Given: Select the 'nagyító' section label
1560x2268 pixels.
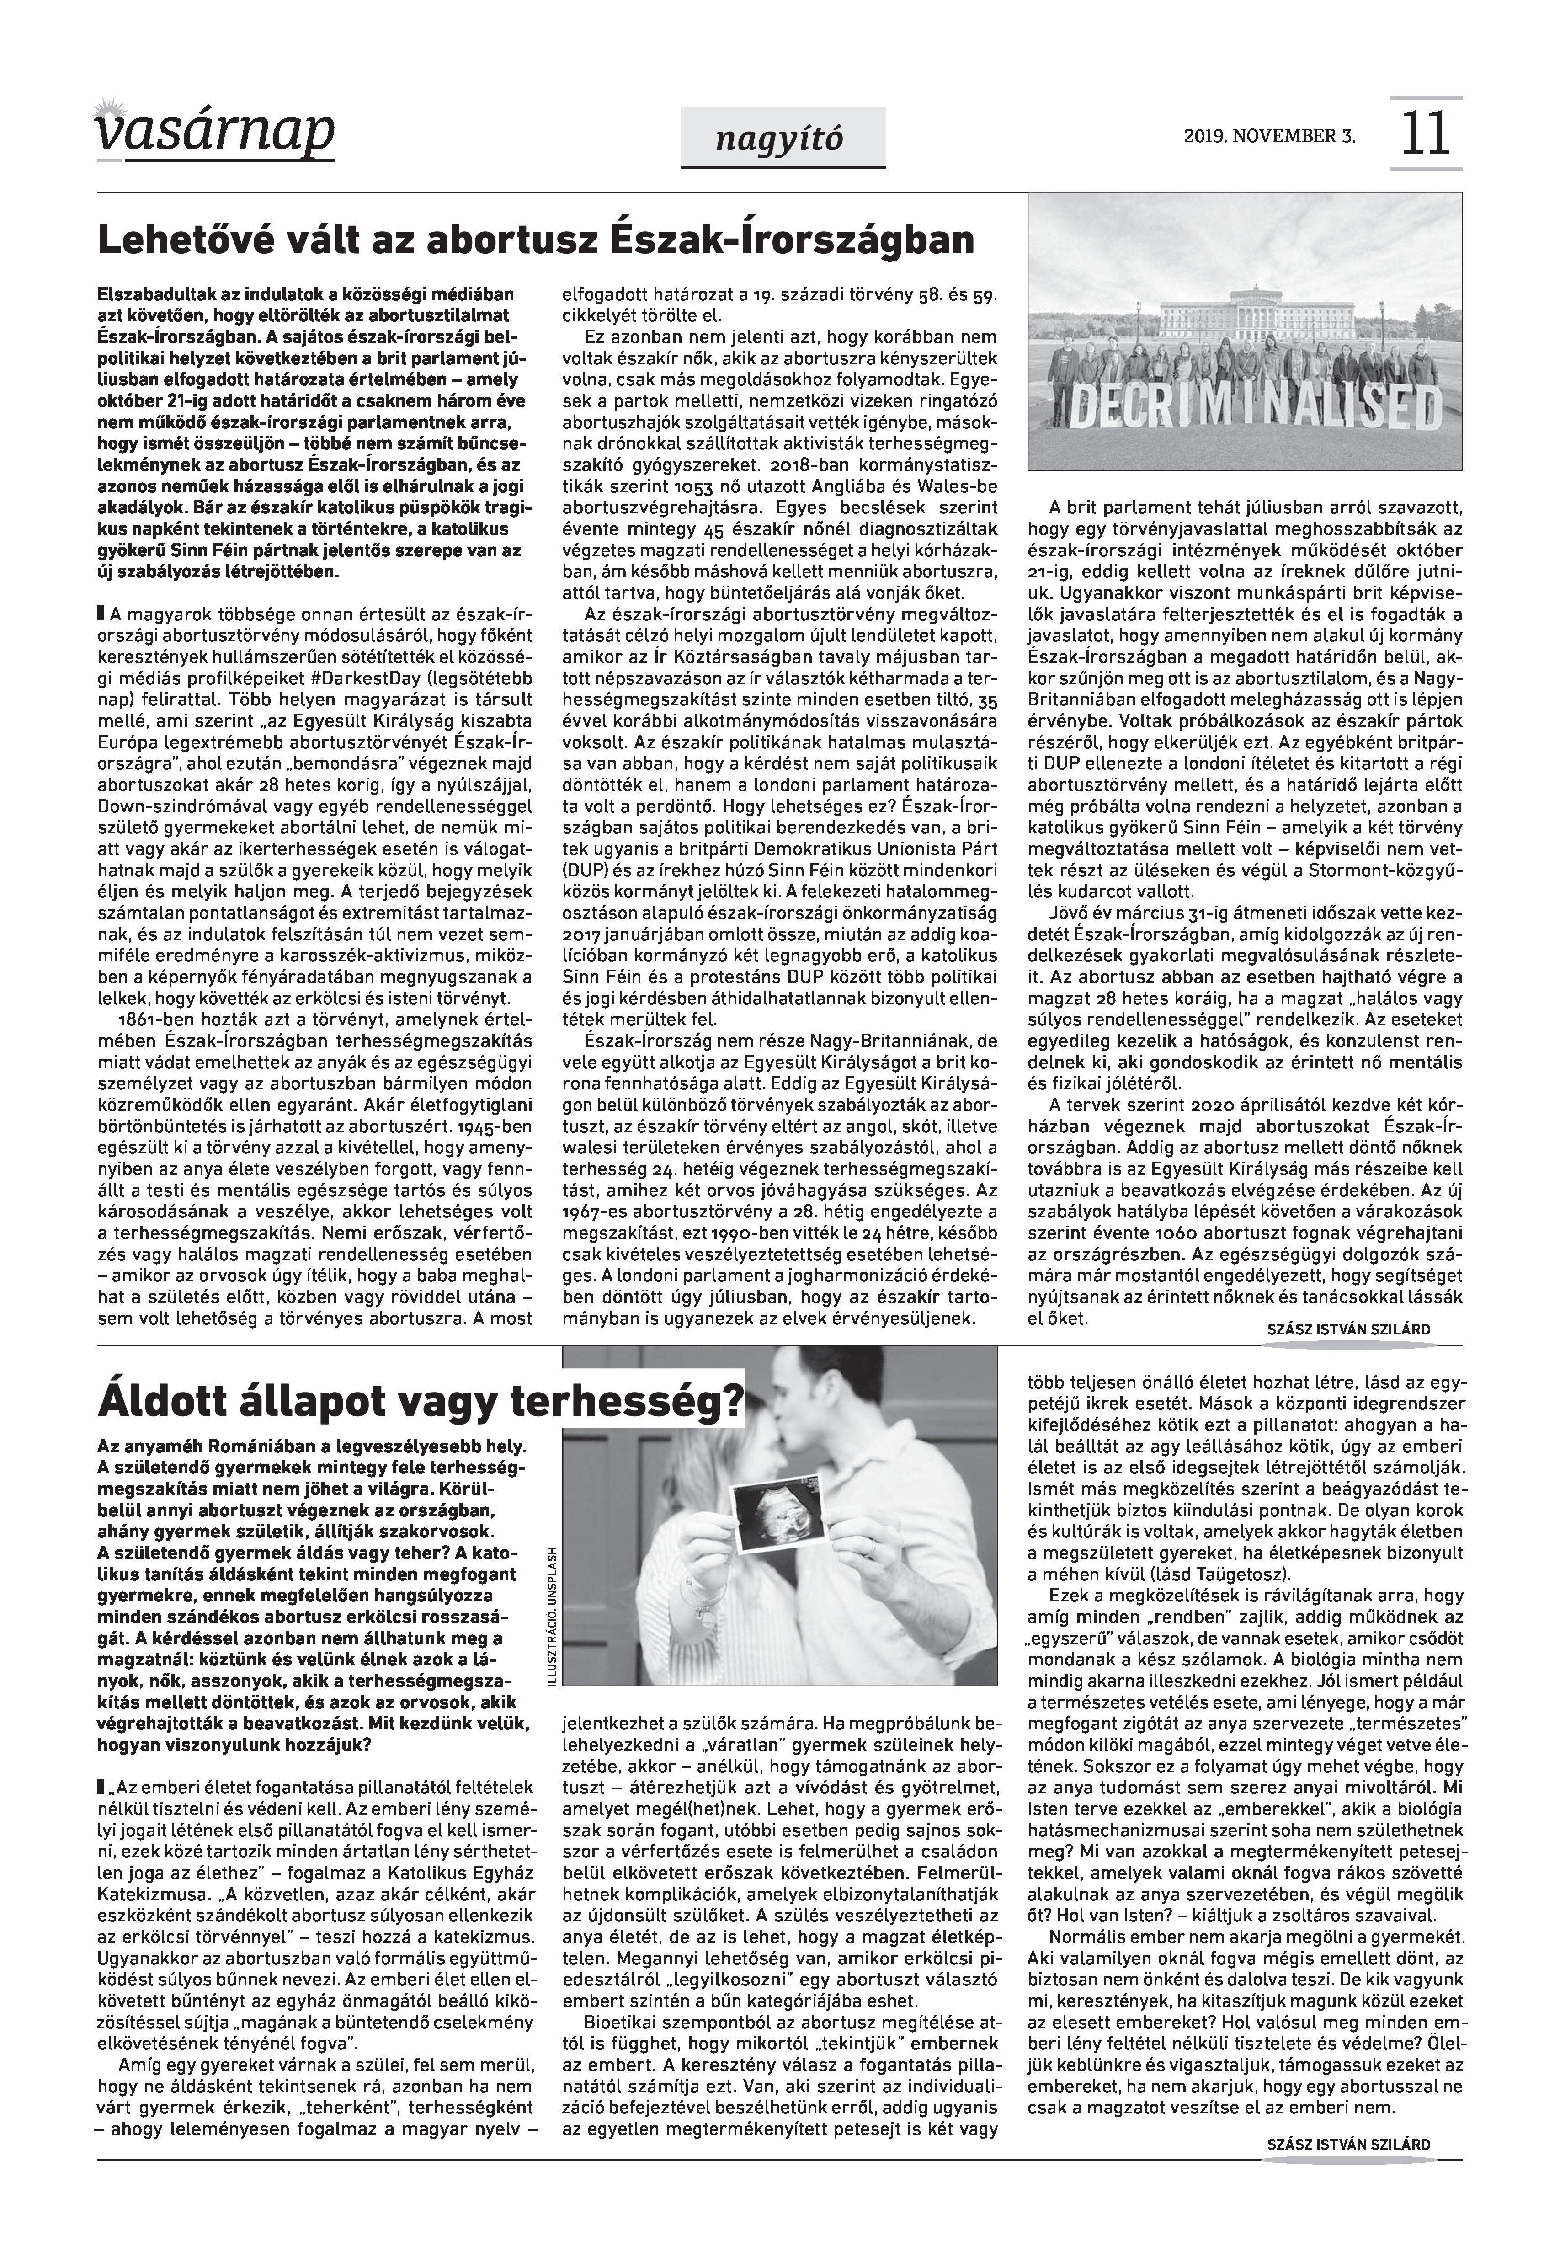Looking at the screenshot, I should coord(782,140).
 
